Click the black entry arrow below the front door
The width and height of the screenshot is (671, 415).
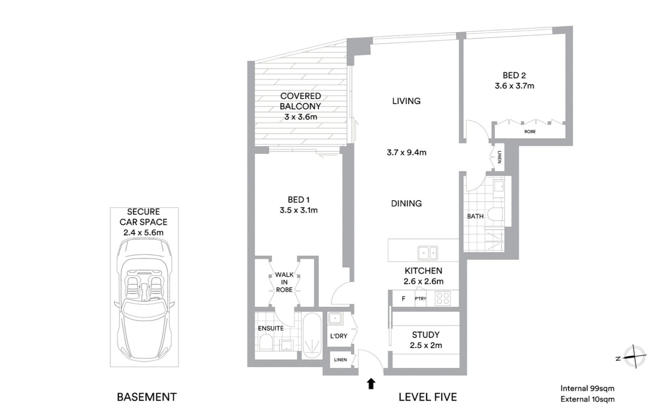[371, 384]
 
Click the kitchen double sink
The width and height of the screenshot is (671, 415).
[427, 253]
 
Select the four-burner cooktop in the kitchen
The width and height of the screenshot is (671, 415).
[443, 298]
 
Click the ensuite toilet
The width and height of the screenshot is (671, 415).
[266, 342]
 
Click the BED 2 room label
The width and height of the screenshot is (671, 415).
[514, 75]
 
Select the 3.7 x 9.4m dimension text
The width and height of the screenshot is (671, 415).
[406, 153]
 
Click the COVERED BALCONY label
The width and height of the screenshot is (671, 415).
[301, 101]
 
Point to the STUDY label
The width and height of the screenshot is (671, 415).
[426, 335]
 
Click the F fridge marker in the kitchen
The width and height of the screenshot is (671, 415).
[404, 299]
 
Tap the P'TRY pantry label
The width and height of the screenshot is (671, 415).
[420, 299]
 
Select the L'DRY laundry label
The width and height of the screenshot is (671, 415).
[339, 336]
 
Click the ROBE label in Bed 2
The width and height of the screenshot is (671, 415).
[530, 132]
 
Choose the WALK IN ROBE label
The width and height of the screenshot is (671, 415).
[284, 282]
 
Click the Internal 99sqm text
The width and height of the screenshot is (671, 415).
[587, 388]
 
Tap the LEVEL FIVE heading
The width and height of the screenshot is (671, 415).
[428, 397]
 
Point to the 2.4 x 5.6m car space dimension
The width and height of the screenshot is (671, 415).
[143, 233]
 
